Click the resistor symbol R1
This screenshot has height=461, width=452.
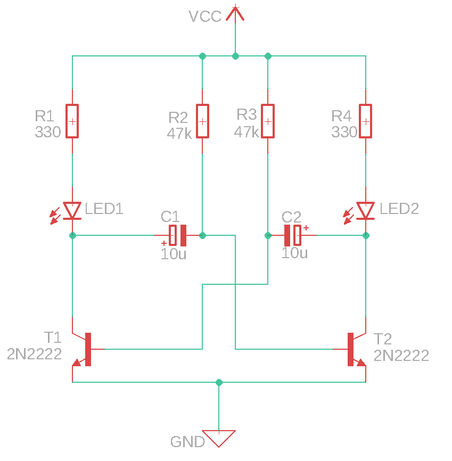click(72, 121)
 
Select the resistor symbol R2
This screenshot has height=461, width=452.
click(202, 121)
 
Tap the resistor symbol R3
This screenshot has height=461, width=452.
click(268, 121)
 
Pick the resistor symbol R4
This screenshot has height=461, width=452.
click(366, 121)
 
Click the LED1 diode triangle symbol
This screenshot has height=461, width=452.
click(72, 211)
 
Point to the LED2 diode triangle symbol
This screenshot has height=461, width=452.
click(366, 211)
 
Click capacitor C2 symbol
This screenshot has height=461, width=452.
click(292, 235)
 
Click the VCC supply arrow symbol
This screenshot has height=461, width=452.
click(235, 14)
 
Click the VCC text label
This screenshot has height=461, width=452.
click(205, 17)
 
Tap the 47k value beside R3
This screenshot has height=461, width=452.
click(246, 132)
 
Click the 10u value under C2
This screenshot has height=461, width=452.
click(294, 253)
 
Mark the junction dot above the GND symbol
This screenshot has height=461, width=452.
click(219, 382)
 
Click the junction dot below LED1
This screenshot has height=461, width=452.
click(72, 235)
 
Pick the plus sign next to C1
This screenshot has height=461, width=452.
click(164, 243)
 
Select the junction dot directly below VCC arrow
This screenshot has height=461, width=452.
click(235, 56)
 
